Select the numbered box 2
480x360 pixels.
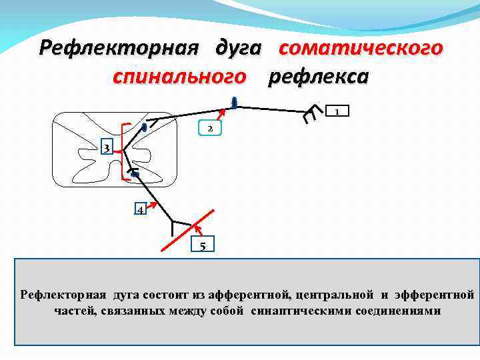[x=209, y=127]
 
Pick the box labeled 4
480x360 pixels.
[x=139, y=209]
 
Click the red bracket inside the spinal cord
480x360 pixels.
[x=123, y=151]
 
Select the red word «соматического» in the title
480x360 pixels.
[x=361, y=49]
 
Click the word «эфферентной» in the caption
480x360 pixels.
[x=434, y=294]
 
